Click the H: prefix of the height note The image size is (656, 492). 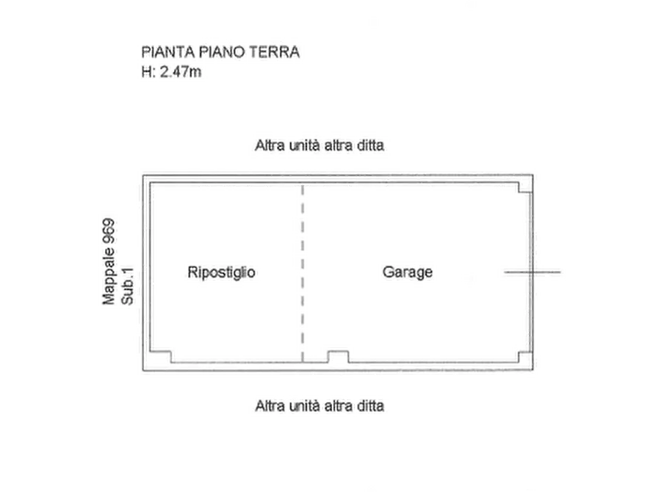150,72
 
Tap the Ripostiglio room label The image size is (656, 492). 222,272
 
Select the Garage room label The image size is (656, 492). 408,272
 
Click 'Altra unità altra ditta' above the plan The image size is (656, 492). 319,145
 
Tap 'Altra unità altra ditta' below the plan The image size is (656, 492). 319,405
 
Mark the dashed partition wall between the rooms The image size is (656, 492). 304,272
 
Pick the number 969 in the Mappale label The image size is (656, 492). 109,232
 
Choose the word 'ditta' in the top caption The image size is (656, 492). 368,145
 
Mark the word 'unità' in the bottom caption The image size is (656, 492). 306,405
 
